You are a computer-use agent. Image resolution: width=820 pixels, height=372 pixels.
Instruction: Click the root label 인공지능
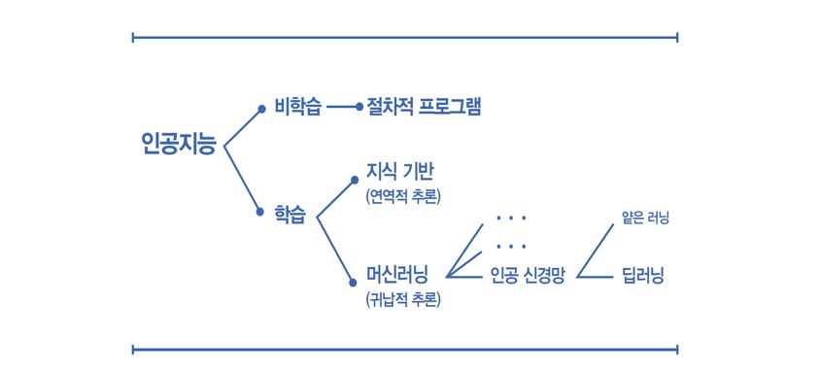179,144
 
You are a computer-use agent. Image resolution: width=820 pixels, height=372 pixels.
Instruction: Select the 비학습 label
297,109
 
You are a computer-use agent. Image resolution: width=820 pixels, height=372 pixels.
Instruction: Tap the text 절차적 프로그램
424,107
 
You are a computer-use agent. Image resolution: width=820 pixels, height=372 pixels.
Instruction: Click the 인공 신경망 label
528,275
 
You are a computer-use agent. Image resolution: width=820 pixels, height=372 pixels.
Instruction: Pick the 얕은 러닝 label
646,218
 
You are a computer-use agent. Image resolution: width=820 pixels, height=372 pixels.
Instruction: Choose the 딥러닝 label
643,275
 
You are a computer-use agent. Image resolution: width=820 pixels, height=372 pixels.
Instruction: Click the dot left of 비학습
262,109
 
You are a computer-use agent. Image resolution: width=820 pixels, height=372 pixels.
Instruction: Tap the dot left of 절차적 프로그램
359,107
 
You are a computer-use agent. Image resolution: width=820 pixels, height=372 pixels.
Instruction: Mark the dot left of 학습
260,212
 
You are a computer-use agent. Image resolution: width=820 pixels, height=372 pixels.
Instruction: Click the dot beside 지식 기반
355,181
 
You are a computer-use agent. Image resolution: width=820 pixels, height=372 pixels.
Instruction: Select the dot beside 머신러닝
353,283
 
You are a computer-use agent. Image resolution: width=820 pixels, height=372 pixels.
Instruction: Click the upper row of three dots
510,218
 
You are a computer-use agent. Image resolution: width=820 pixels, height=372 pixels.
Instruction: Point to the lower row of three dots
510,246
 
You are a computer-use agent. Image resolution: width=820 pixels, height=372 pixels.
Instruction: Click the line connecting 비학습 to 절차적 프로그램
341,107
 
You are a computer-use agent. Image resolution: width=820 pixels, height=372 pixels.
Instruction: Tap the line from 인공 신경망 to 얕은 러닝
596,251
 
